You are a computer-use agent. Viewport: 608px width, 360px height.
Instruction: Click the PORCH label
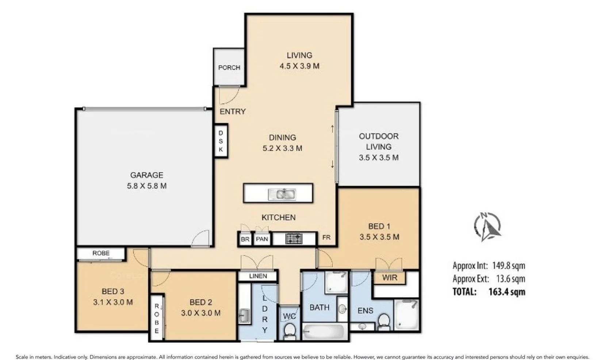[x=229, y=68]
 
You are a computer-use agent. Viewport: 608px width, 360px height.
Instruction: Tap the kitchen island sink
[x=282, y=194]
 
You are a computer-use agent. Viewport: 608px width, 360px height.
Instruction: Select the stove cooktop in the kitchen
[x=294, y=239]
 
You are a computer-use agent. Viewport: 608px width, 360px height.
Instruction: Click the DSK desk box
[x=221, y=141]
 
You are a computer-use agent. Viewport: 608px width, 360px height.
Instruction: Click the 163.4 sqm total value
[x=506, y=292]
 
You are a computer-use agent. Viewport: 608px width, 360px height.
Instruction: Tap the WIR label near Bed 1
[x=389, y=278]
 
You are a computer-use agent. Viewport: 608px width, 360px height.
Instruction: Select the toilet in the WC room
[x=290, y=331]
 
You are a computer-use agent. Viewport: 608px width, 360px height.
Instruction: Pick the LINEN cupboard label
[x=258, y=276]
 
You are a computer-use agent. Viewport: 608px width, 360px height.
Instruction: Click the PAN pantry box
[x=262, y=240]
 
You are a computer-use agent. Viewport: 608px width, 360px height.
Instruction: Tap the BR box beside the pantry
[x=245, y=240]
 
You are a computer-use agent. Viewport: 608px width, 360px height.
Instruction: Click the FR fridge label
[x=326, y=237]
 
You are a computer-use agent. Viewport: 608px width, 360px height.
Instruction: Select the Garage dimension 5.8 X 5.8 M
[x=146, y=186]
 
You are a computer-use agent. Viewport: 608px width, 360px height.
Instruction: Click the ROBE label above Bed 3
[x=101, y=253]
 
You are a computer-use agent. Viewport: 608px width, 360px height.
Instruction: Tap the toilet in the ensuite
[x=383, y=322]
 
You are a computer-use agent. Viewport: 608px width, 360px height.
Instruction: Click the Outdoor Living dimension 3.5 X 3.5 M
[x=378, y=158]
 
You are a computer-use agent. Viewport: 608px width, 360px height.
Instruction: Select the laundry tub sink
[x=244, y=315]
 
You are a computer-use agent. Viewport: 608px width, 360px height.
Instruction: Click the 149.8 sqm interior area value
[x=508, y=265]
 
